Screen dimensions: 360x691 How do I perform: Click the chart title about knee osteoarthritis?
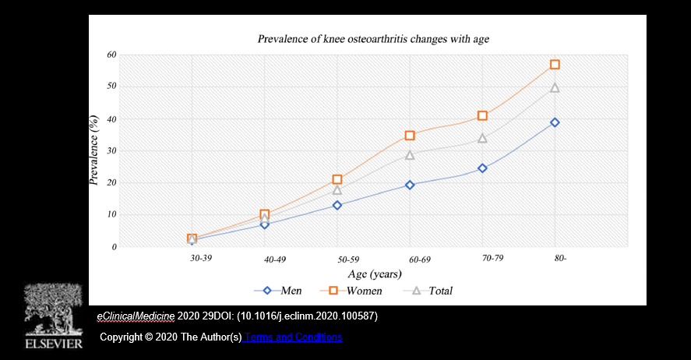373,37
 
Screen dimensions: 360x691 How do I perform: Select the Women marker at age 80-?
555,65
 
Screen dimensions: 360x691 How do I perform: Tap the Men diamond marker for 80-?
555,122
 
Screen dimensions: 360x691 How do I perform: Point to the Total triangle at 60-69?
410,155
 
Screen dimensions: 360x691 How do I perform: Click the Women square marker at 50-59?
337,180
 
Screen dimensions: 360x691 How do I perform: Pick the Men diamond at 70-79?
482,168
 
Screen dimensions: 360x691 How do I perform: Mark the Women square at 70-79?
482,115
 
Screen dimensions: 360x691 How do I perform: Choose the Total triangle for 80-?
555,88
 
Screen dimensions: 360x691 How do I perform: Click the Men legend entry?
281,291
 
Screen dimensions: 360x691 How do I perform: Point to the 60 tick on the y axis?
111,55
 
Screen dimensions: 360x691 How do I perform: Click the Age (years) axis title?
374,274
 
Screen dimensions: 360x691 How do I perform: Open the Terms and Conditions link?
293,337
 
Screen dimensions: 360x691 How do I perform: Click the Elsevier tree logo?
53,309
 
